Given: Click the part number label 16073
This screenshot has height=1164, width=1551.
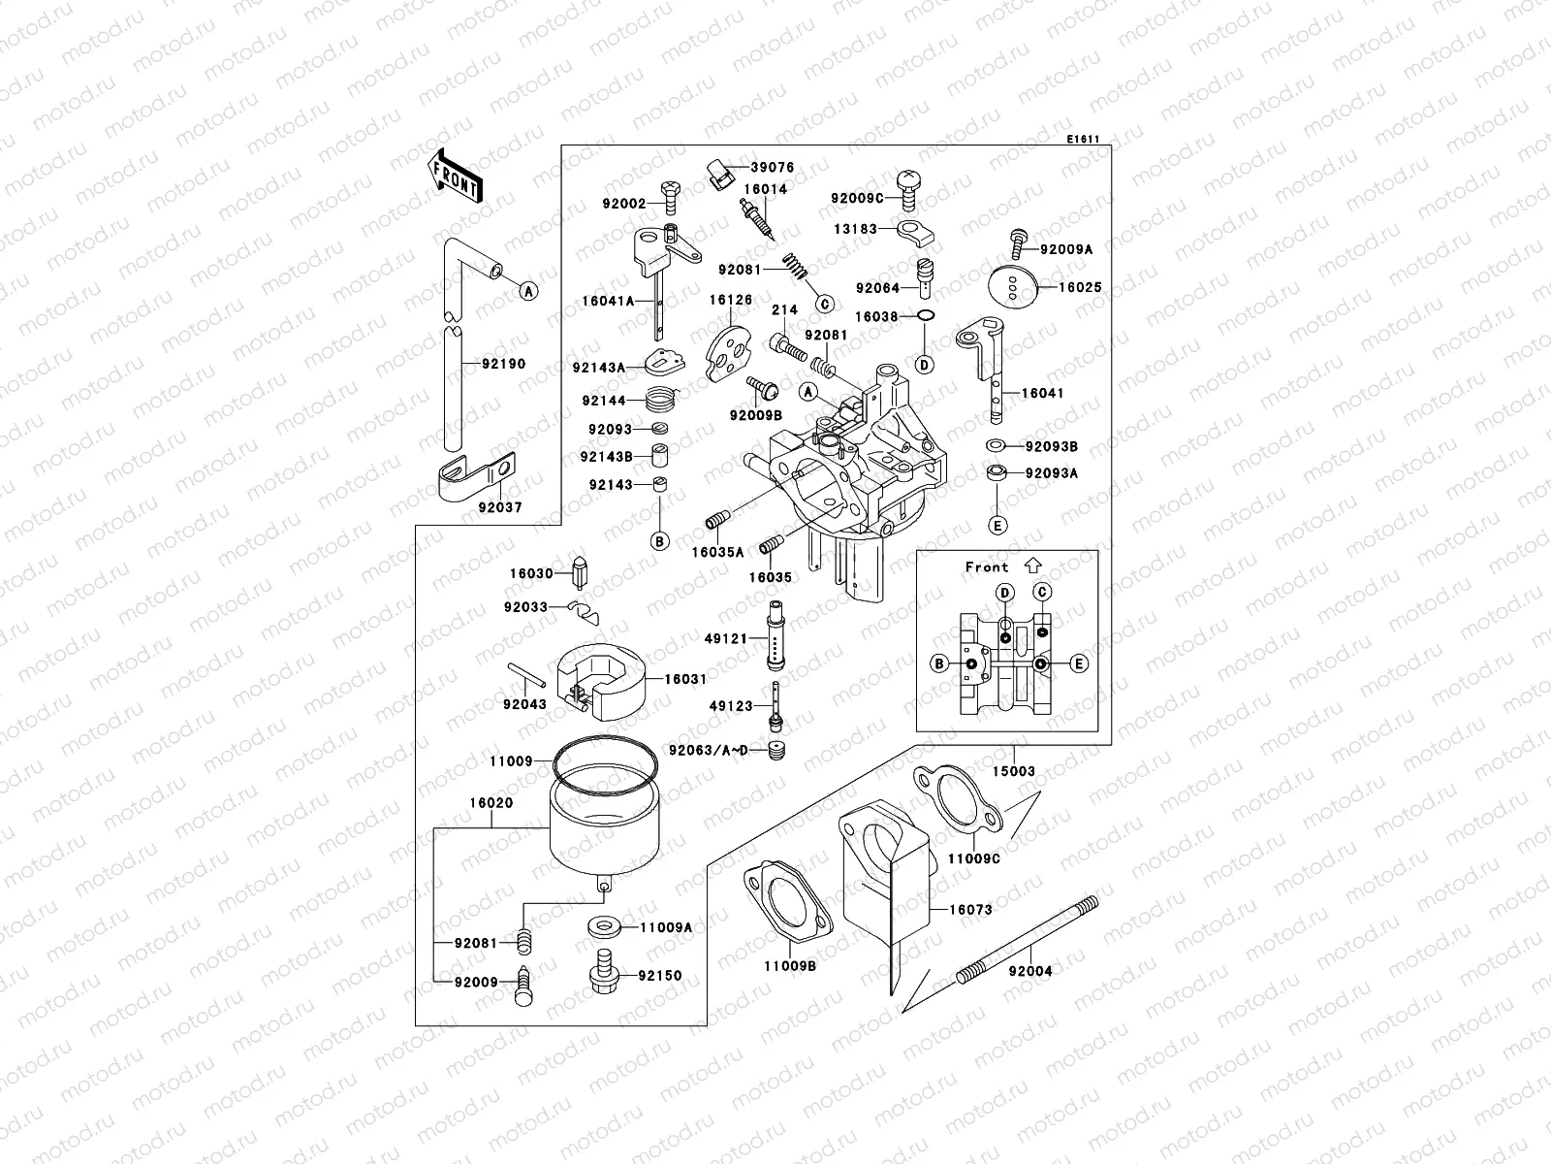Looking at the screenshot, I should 969,910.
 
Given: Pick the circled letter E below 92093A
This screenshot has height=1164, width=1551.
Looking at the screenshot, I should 997,525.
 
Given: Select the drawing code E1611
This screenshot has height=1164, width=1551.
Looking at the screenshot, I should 1083,140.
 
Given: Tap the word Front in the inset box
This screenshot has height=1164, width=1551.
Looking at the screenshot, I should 986,567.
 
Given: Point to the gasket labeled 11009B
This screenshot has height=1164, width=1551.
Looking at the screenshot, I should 787,904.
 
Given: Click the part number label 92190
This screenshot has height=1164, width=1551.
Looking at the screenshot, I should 504,365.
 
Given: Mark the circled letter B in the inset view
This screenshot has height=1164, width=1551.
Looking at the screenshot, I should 938,663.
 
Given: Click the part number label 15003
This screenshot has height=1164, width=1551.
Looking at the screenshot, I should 1014,771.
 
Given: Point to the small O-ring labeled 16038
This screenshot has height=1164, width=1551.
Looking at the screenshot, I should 925,317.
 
